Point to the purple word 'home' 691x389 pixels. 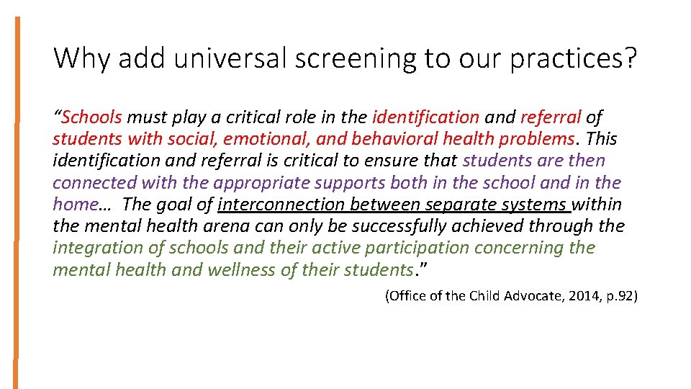tap(74, 204)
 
